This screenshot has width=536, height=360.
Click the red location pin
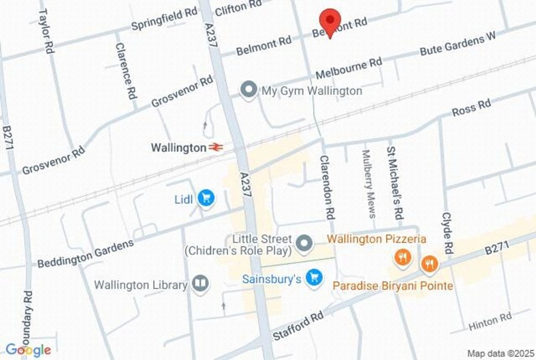pos(329,22)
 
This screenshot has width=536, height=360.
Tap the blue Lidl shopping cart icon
pos(206,198)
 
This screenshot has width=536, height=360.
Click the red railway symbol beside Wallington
pos(216,147)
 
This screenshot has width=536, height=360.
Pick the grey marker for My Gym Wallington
pos(248,91)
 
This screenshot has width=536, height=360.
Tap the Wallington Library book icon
pos(201,284)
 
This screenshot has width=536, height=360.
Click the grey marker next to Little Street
pos(305,243)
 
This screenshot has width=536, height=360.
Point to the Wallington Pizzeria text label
pos(376,239)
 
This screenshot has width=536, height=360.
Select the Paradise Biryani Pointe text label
pos(392,286)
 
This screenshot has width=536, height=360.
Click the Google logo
pos(28,350)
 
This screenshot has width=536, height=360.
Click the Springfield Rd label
pos(164,18)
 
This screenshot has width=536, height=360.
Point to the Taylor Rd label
pos(46,31)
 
